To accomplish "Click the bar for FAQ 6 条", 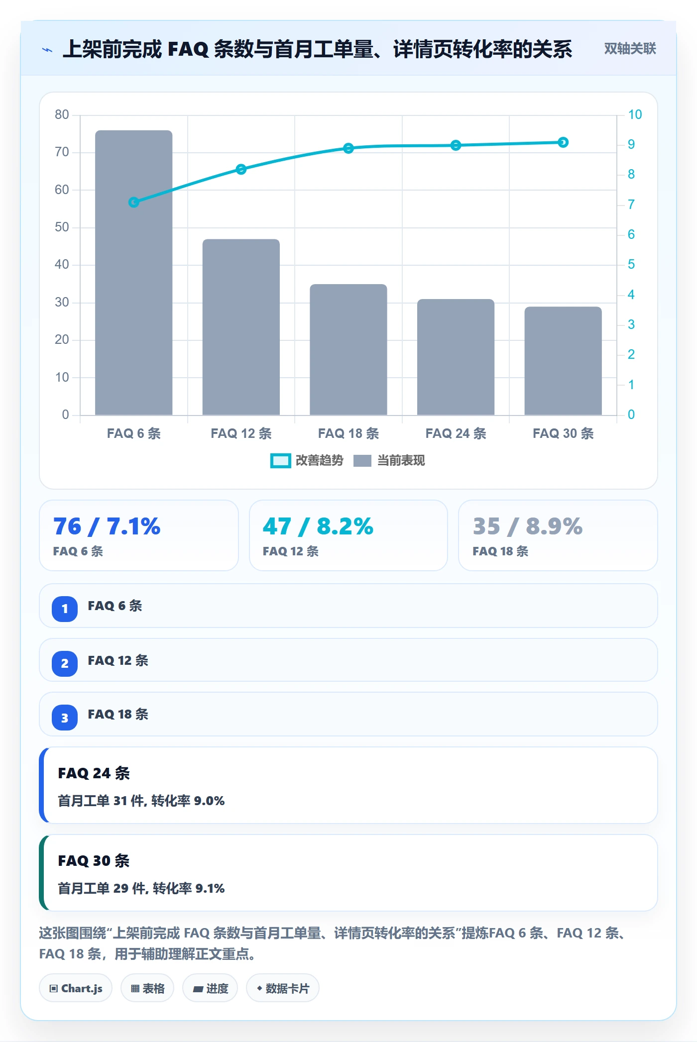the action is coord(134,273).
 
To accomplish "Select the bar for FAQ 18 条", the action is coord(348,349).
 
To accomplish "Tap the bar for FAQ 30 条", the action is coord(563,361).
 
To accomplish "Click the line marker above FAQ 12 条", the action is coord(241,169).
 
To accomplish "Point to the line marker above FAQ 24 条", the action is coord(456,145).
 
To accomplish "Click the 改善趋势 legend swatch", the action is coord(280,461).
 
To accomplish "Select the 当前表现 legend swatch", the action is coord(362,461).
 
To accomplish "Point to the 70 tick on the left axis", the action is coord(62,152).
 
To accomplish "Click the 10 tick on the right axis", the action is coord(635,114).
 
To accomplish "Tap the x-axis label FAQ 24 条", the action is coord(456,433).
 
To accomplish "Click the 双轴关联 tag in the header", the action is coord(630,48).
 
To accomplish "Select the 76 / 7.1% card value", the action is coord(107,526).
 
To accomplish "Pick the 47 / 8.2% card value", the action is coord(318,526).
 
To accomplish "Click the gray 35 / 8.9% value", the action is coord(528,526).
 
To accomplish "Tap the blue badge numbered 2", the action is coord(65,663).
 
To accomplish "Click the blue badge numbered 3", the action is coord(65,718).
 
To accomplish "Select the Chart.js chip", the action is coord(76,988).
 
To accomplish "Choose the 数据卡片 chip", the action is coord(282,988).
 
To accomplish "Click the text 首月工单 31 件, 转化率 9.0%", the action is coord(141,801).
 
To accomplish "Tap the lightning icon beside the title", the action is coord(47,50).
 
